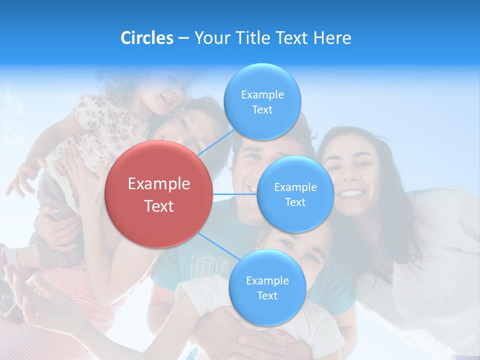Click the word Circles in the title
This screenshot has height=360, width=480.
147,38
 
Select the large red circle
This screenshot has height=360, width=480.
158,194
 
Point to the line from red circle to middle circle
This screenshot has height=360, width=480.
235,194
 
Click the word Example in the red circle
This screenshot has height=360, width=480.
158,183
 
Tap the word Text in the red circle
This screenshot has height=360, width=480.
158,206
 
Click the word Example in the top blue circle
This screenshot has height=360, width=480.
262,94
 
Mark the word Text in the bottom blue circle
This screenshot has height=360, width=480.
267,295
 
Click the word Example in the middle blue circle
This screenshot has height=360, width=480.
295,187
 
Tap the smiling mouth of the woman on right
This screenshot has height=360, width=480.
352,193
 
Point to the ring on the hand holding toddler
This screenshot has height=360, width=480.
67,168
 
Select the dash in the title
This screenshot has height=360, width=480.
183,38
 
